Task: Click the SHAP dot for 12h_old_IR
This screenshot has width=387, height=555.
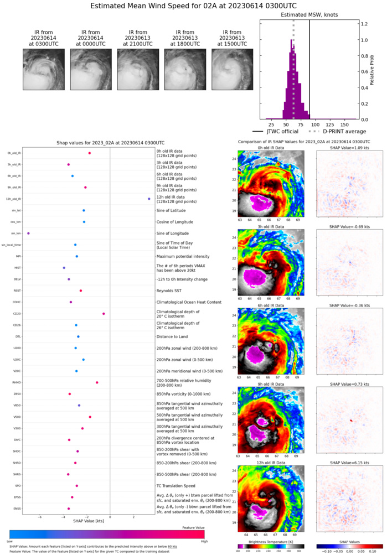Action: [x=149, y=199]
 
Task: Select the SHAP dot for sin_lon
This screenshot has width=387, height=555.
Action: [x=28, y=234]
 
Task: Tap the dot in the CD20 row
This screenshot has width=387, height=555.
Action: [x=104, y=314]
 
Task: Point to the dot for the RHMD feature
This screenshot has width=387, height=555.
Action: [x=97, y=382]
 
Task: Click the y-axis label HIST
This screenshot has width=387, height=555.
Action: [x=18, y=268]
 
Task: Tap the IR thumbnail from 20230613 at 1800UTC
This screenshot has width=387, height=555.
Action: [x=185, y=69]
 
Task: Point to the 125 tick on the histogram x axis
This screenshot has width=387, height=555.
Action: [x=335, y=126]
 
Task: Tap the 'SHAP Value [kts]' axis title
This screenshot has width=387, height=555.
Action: [x=87, y=521]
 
